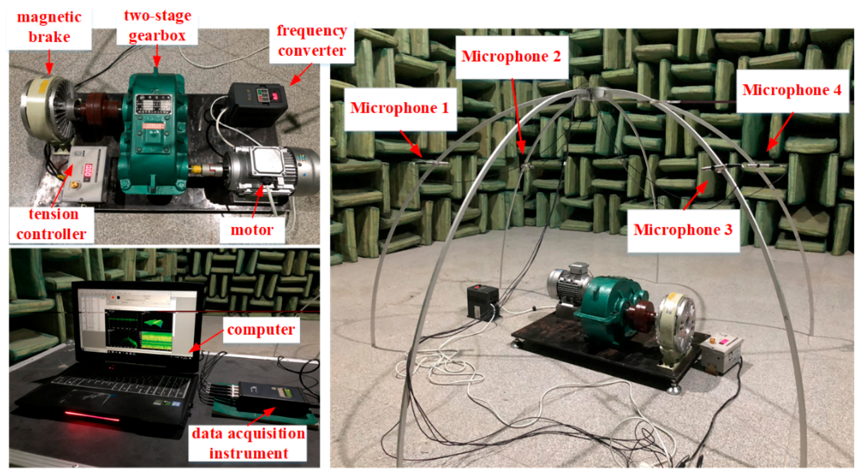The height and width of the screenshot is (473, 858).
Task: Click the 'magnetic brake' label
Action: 49,27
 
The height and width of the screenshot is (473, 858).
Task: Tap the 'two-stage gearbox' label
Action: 157,26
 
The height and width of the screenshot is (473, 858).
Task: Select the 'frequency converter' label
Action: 311,41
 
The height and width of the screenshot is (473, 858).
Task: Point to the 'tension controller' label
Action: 52,224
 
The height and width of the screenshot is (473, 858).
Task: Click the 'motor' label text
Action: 252,230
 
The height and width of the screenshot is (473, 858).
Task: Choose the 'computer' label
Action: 261,330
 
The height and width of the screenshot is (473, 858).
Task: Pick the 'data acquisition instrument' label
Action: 248,443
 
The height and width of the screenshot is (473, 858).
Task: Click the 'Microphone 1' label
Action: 399,108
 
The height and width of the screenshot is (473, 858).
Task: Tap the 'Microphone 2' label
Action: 511,56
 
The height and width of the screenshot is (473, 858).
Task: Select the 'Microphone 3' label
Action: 683,230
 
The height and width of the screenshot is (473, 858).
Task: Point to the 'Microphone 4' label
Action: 791,90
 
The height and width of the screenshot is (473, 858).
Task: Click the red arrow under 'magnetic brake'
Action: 49,62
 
